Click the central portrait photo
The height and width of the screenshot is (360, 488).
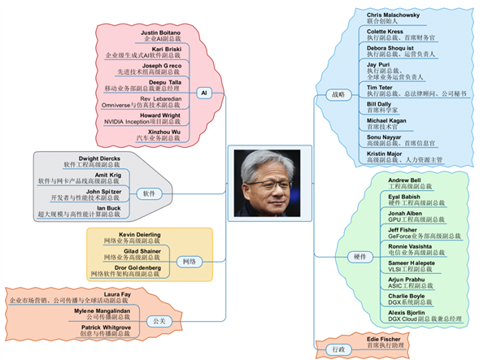pos(269,180)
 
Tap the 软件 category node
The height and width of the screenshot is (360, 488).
pos(149,193)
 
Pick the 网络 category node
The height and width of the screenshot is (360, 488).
pos(189,262)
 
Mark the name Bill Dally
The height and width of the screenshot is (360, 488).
pos(380,105)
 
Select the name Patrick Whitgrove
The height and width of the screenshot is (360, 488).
pos(112,327)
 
